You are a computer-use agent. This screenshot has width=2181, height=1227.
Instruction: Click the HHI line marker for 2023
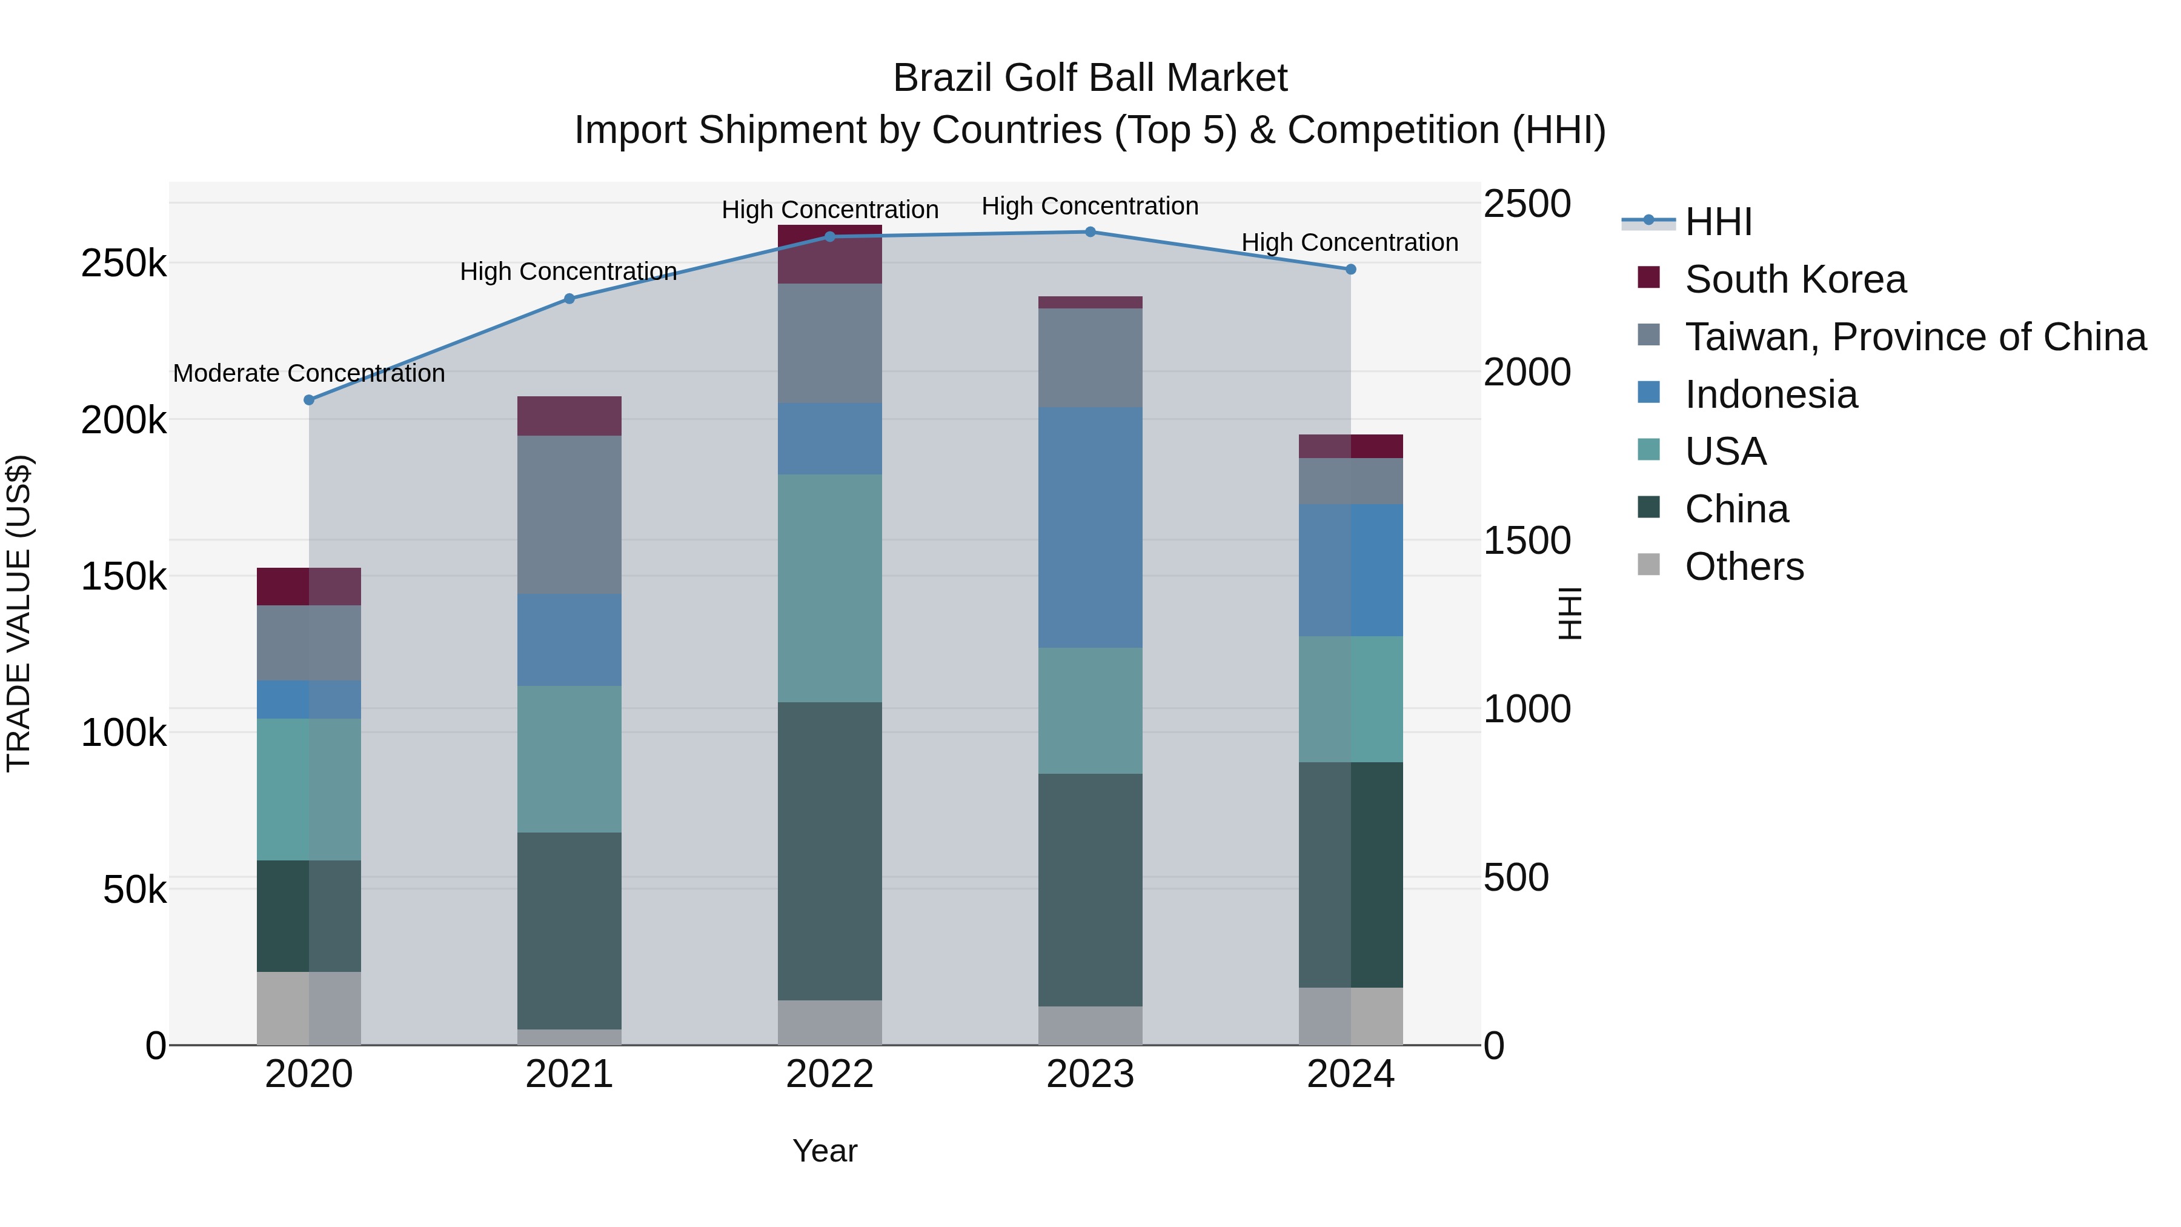(1090, 232)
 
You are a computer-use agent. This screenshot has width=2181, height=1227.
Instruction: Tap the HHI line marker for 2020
(309, 400)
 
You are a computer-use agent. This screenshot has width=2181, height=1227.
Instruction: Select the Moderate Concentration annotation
(309, 373)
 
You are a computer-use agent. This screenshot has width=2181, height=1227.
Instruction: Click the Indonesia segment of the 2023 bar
(1090, 528)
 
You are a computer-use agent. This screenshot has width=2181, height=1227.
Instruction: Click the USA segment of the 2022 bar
(830, 588)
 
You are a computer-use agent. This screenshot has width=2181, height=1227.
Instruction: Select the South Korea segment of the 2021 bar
(569, 416)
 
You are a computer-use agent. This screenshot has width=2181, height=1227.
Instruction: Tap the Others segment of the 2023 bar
(1090, 1025)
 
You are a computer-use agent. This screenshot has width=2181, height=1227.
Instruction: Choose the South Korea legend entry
(1795, 279)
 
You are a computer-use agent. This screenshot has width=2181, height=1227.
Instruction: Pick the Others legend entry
(1744, 567)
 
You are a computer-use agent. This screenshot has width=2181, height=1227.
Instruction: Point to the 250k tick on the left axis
(124, 264)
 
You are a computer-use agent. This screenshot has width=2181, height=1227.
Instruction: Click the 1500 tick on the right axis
(1527, 540)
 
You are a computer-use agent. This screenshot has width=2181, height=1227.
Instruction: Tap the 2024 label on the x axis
(1350, 1074)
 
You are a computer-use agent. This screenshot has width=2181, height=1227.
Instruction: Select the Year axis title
(825, 1151)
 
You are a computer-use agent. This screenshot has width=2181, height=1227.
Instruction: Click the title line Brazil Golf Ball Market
(1090, 78)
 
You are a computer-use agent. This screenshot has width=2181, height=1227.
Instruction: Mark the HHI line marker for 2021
(569, 299)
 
